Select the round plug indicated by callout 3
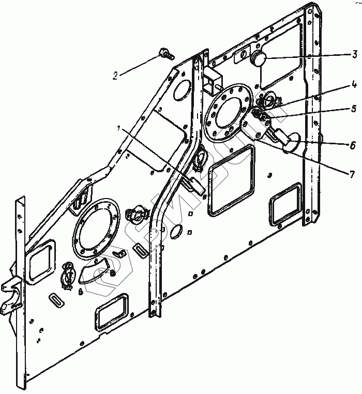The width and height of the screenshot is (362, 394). click(x=258, y=59)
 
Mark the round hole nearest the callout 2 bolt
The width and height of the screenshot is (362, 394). click(x=182, y=89)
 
